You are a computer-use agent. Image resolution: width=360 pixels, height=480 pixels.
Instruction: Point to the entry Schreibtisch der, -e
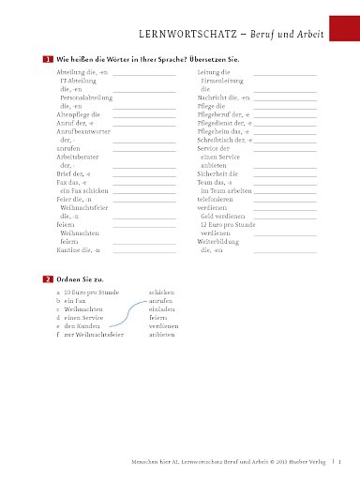(226, 140)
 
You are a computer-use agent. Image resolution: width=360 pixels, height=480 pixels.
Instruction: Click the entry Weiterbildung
(222, 242)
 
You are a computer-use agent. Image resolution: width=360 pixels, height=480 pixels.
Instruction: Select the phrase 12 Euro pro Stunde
(230, 225)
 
